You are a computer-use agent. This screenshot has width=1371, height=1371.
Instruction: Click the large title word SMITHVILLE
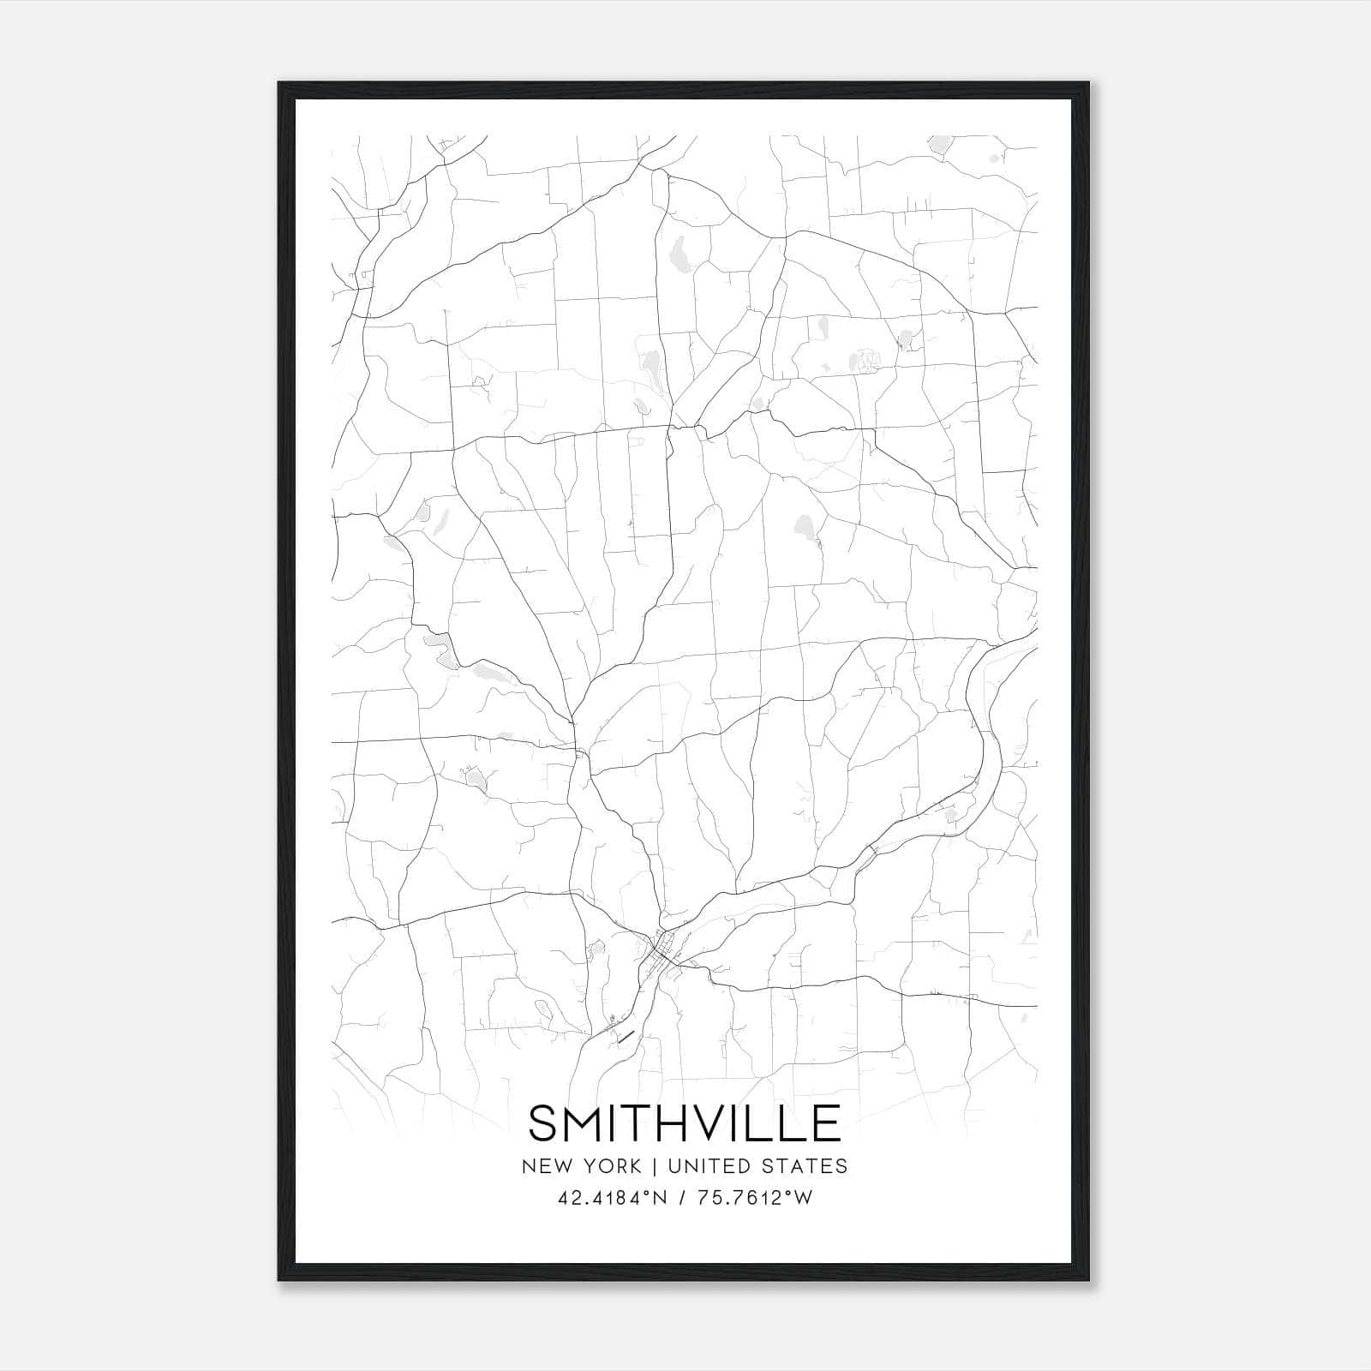coord(685,1123)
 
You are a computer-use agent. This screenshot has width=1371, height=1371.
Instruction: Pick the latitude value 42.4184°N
coord(612,1198)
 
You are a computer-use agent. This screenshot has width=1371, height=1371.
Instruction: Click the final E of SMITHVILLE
coord(825,1123)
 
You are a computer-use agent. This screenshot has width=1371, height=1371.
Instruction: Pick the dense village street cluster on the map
coord(662,951)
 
